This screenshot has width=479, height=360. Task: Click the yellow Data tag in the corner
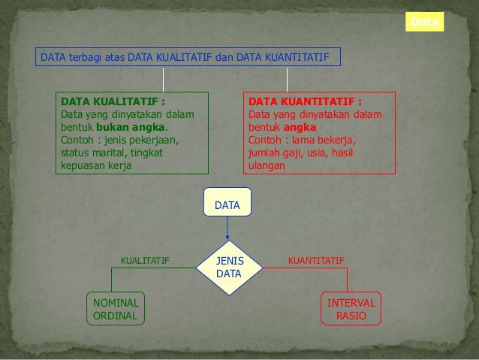[425, 23]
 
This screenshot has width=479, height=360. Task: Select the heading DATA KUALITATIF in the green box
[113, 101]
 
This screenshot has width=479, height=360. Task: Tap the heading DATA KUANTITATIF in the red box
[305, 101]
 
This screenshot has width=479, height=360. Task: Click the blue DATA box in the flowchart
[227, 204]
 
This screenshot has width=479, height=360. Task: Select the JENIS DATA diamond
[228, 267]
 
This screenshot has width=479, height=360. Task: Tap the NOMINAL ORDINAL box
[115, 309]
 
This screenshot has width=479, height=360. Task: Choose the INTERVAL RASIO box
[351, 309]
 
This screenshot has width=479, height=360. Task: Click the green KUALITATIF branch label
[145, 261]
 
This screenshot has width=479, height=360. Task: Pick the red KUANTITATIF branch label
[316, 261]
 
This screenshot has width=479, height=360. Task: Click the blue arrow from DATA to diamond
[227, 230]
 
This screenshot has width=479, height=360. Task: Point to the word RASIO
[351, 316]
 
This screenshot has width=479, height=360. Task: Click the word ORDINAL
[115, 316]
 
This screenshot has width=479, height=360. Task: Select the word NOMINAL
[115, 302]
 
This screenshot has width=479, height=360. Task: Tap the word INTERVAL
[351, 302]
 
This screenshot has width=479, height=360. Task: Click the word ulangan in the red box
[267, 165]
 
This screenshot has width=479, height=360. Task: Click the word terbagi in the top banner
[86, 57]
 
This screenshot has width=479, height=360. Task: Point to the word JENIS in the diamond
[229, 260]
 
